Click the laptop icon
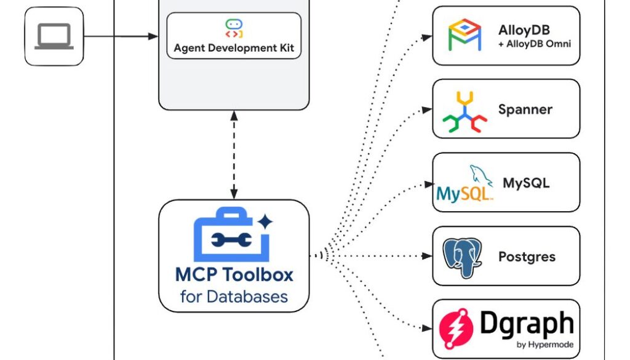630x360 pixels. tap(54, 36)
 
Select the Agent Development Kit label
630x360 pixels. tap(234, 47)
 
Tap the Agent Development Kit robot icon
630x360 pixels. tap(234, 28)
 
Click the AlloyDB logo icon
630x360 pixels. tap(465, 35)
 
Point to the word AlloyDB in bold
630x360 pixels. tap(524, 30)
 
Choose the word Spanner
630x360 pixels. tap(525, 110)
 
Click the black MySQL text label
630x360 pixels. tap(526, 183)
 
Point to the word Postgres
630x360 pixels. tap(527, 257)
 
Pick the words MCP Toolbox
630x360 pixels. tap(234, 274)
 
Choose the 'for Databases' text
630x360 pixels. tap(234, 297)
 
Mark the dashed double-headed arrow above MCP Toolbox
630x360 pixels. tap(233, 154)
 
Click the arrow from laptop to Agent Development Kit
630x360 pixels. tap(121, 36)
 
